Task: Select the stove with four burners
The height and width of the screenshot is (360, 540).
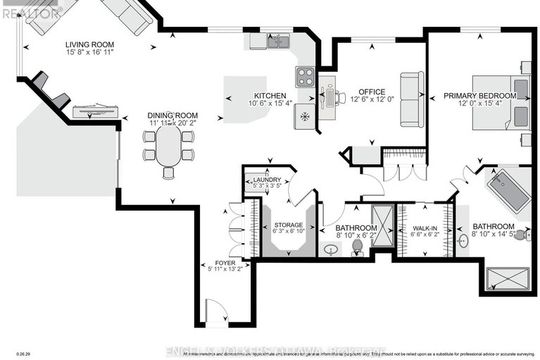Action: (304, 75)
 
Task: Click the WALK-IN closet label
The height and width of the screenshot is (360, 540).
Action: (424, 228)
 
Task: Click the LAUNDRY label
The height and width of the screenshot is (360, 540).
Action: (267, 180)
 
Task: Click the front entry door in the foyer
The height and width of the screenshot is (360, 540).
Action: (215, 310)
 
